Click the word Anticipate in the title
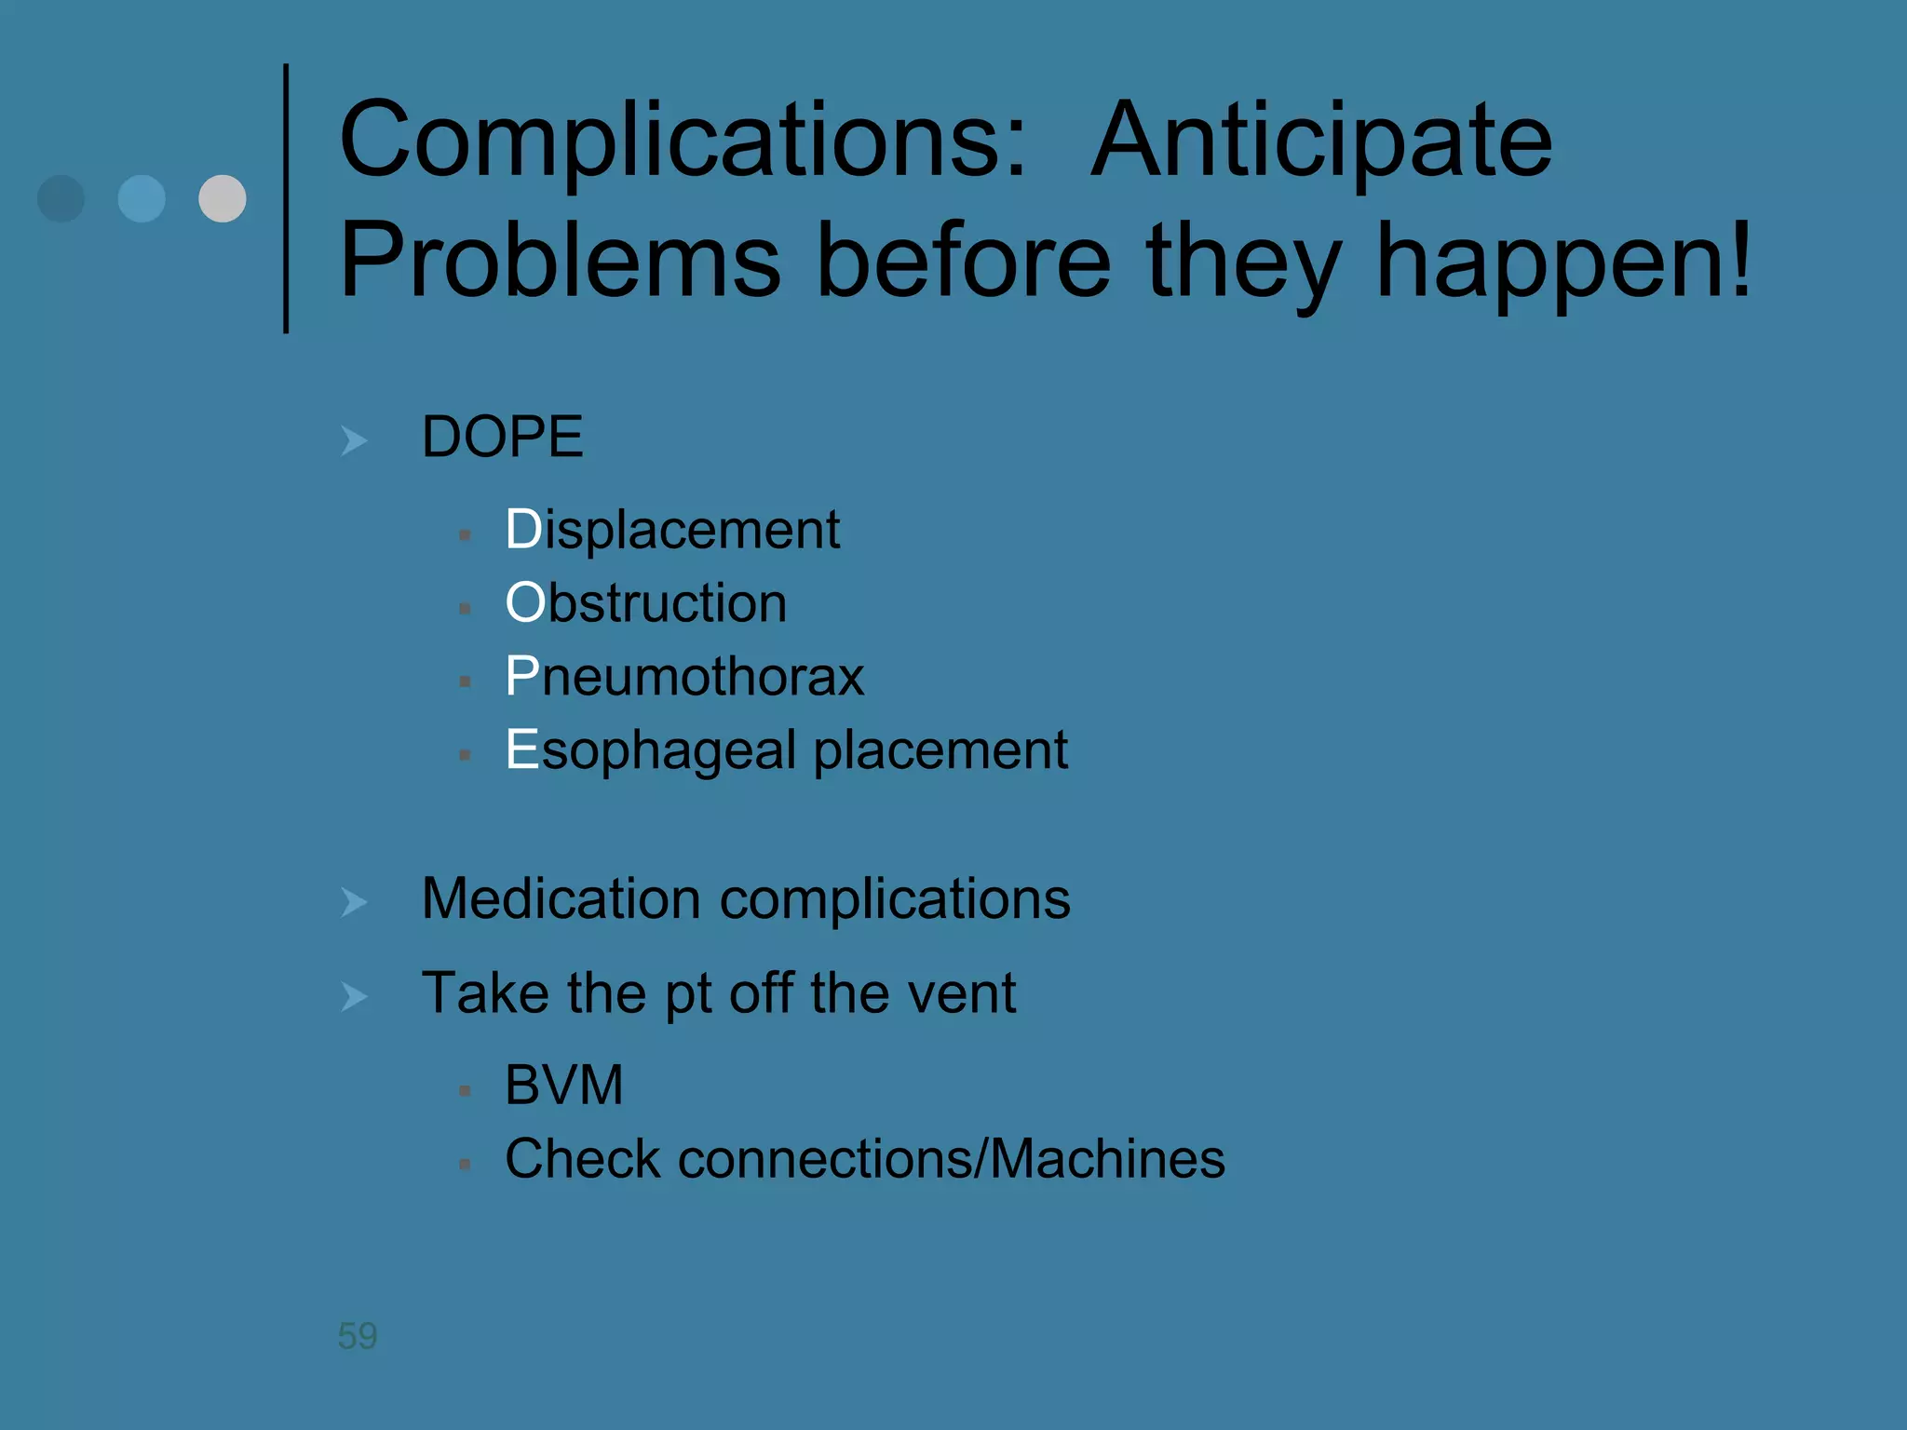click(1321, 142)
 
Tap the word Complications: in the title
click(683, 142)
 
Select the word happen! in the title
click(1563, 263)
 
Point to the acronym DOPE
click(502, 437)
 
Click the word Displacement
click(672, 530)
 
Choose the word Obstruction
click(645, 603)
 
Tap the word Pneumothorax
click(684, 677)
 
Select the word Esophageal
click(649, 750)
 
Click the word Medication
click(561, 899)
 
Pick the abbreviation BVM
click(563, 1086)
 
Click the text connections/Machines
click(951, 1159)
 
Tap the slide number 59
click(358, 1336)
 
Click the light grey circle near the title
click(223, 198)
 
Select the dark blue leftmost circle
click(61, 198)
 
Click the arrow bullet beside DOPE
click(354, 439)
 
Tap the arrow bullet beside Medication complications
click(354, 901)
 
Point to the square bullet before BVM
click(465, 1090)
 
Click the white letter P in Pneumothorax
click(521, 677)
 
